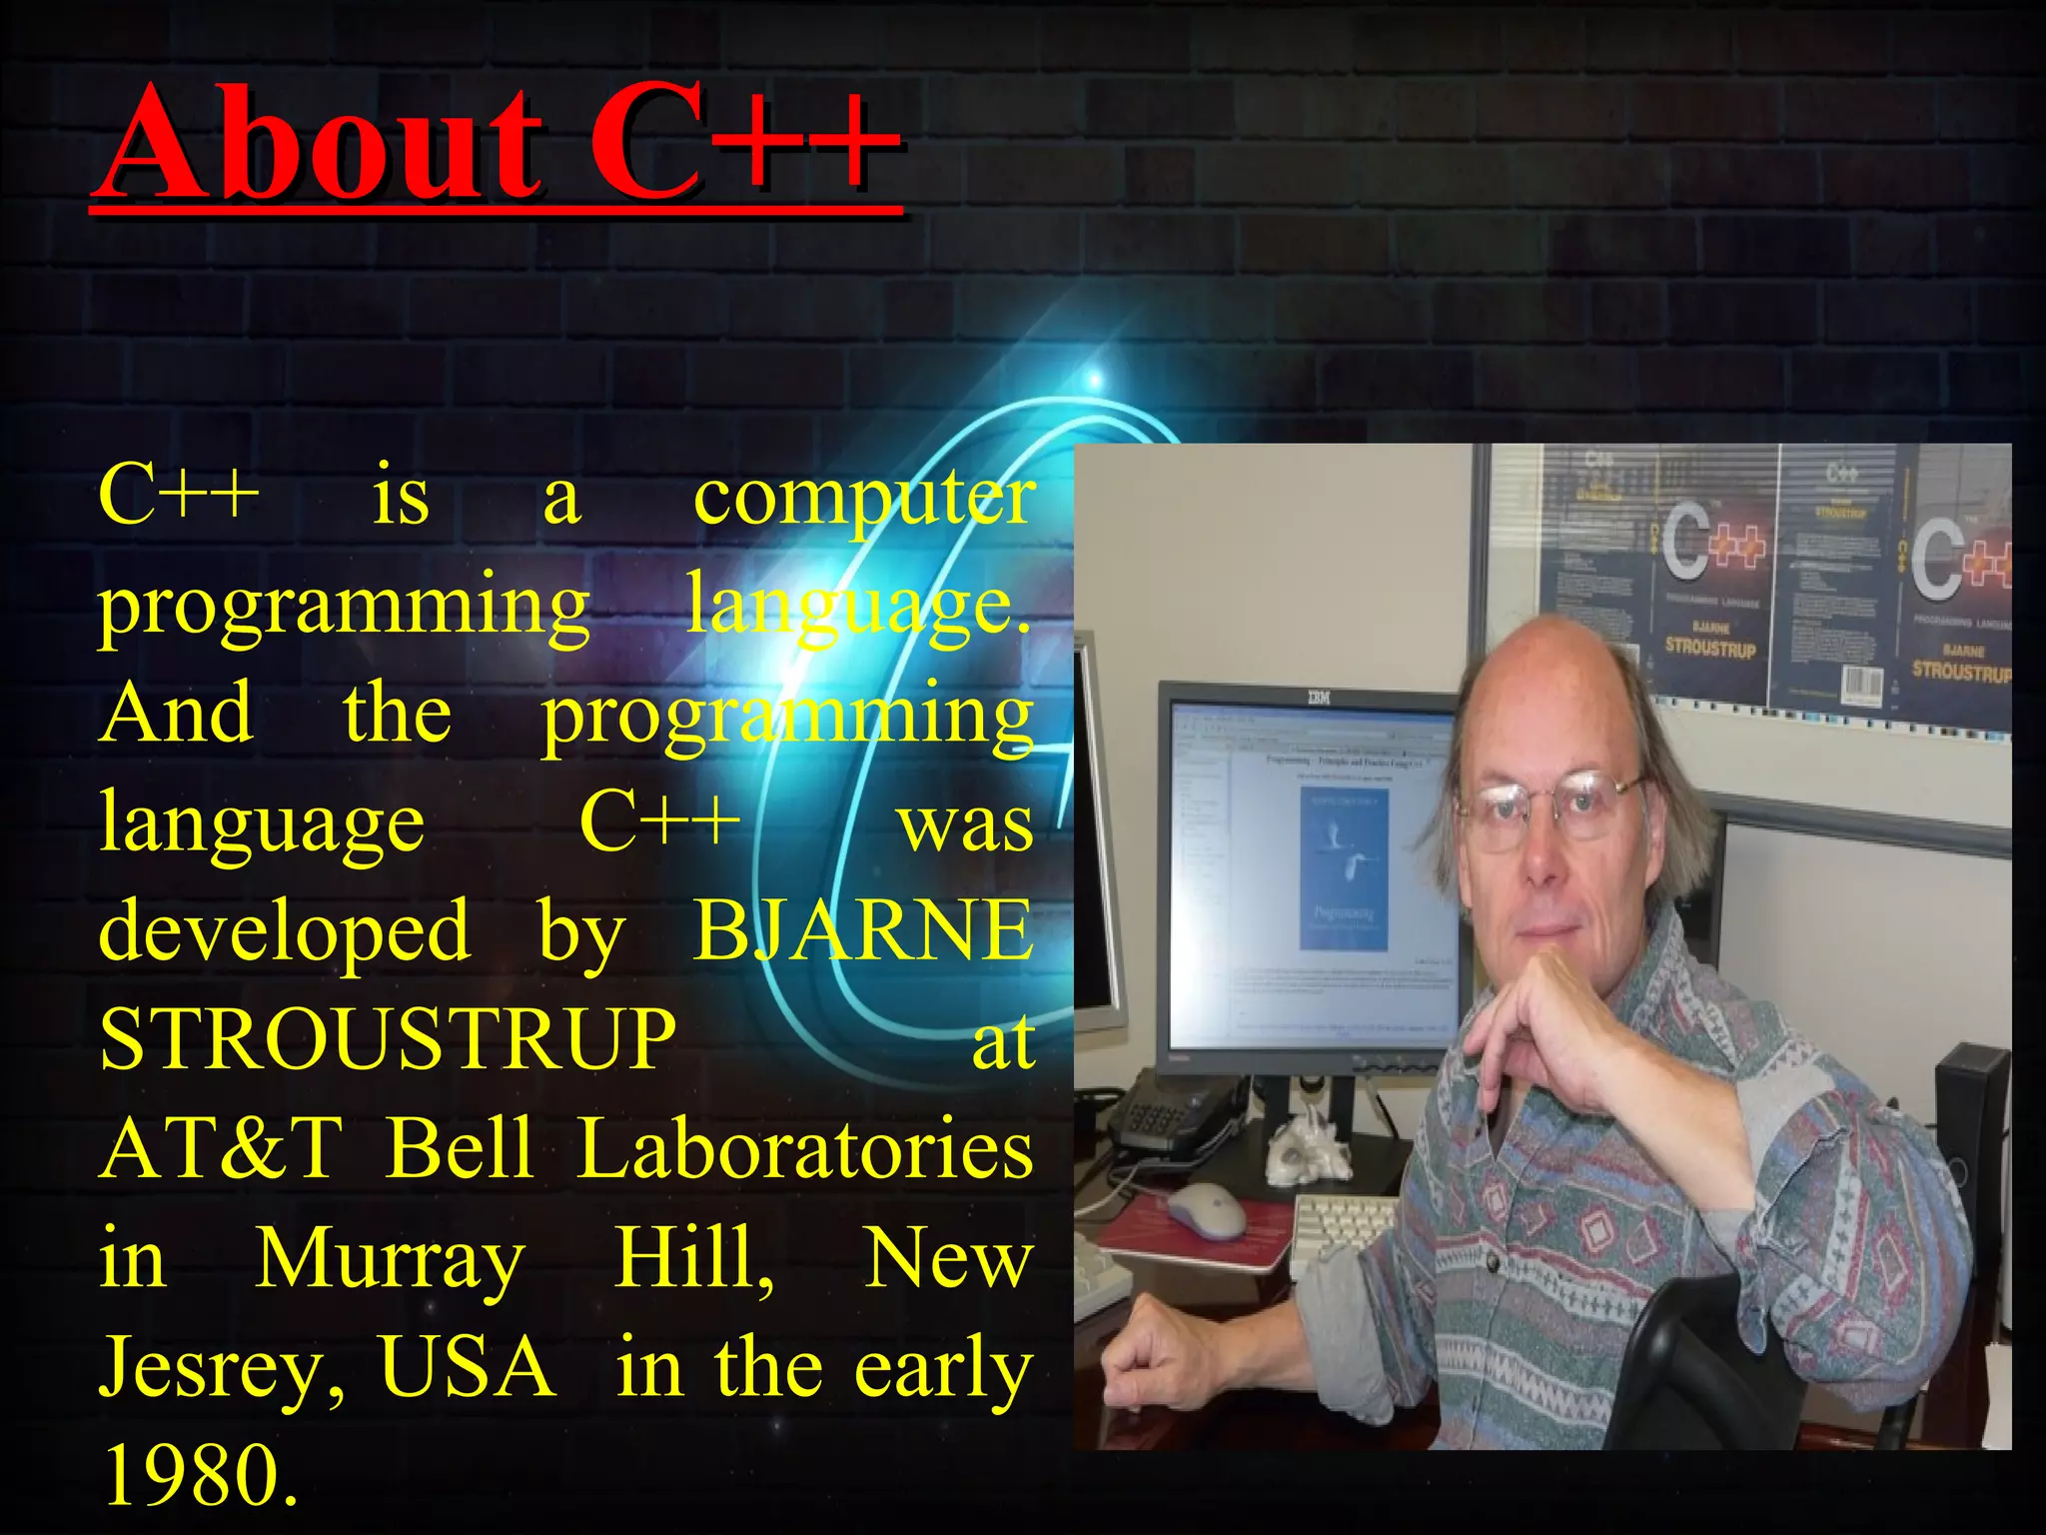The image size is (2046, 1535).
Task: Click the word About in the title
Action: tap(320, 145)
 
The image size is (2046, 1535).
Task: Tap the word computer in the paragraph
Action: tap(863, 497)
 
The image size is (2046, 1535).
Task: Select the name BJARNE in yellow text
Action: tap(863, 930)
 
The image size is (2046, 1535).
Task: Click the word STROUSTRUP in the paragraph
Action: tap(388, 1039)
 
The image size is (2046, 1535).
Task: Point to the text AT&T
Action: tap(221, 1148)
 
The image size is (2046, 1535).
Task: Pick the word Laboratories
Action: tap(805, 1148)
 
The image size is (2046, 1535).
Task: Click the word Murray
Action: tap(390, 1259)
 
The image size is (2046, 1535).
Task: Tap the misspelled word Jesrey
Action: tap(222, 1367)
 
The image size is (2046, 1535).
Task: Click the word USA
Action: tap(467, 1367)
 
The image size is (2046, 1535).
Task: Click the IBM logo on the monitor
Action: tap(1319, 698)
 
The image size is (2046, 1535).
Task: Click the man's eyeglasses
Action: tap(1548, 804)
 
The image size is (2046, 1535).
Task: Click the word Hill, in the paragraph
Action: tap(693, 1259)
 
